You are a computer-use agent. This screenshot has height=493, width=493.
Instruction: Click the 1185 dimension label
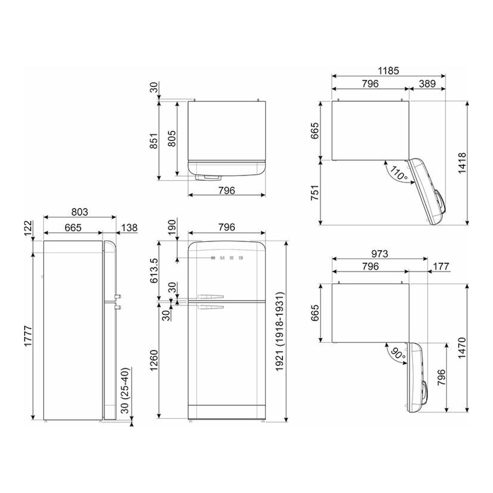click(388, 71)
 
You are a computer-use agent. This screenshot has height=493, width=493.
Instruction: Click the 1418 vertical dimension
click(462, 163)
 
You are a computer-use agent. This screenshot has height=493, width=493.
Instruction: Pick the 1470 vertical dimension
click(462, 348)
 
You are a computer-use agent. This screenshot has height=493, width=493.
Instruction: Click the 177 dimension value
click(441, 267)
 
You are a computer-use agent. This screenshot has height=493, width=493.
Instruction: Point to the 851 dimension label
click(153, 141)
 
